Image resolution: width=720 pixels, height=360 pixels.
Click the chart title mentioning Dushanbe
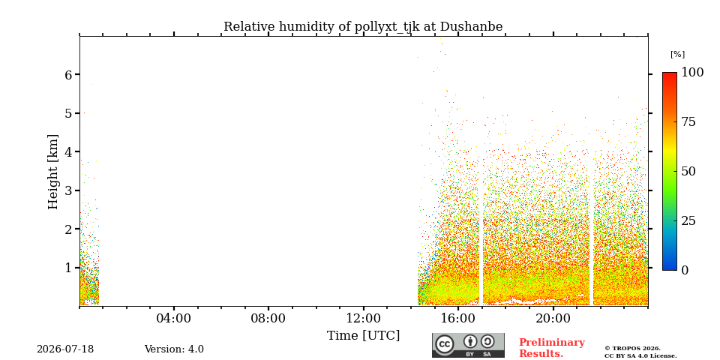[363, 27]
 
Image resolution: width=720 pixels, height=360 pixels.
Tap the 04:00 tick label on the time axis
[174, 318]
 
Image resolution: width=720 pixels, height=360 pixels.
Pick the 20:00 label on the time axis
[553, 318]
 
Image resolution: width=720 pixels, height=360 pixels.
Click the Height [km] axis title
[53, 172]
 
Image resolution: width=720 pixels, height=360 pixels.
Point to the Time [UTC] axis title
[363, 336]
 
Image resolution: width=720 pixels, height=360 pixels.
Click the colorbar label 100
[692, 72]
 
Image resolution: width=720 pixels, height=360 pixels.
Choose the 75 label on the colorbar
[688, 121]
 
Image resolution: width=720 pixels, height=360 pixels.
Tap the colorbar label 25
[688, 220]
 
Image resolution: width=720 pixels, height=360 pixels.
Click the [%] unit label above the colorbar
[677, 54]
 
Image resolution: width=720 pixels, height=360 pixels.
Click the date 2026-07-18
[65, 349]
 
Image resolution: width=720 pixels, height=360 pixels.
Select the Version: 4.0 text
[174, 349]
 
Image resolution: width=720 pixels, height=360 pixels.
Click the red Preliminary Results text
[552, 348]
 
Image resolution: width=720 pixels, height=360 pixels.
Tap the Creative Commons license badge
[468, 345]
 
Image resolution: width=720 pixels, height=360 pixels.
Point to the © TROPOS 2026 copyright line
[632, 349]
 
